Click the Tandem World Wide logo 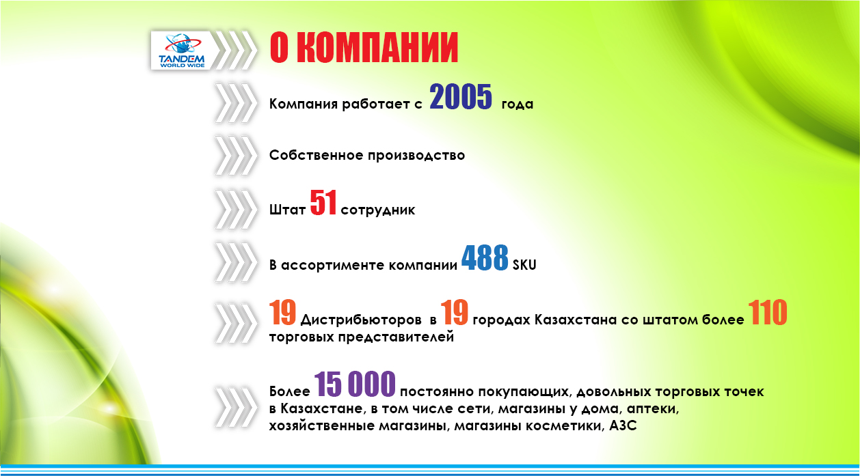pos(182,51)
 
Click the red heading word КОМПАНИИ pos(377,48)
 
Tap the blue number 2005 pos(461,97)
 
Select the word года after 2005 pos(518,104)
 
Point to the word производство pos(416,155)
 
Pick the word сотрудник pos(378,210)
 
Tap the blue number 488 pos(485,257)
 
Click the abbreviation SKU pos(524,265)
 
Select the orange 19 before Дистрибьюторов pos(282,312)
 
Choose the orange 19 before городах pos(454,312)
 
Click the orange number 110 pos(768,312)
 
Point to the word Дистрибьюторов pos(361,320)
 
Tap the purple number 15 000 pos(355,384)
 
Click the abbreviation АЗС pos(623,425)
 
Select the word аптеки pos(653,409)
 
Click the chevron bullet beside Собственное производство pos(236,155)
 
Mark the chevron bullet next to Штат pos(236,210)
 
